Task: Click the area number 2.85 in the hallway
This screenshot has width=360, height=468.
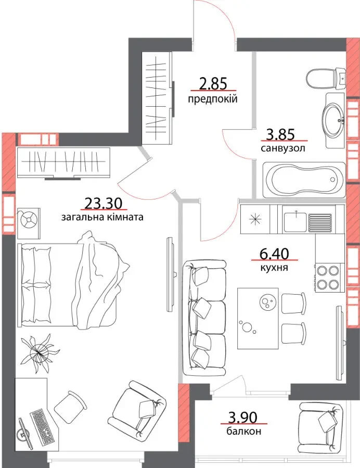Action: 213,83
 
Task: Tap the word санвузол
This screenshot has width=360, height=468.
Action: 283,148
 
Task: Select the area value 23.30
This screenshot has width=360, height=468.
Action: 104,204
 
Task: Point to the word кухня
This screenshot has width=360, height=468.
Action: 274,268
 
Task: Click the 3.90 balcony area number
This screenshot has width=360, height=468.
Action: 242,417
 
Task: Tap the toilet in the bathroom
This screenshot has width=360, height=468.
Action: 326,78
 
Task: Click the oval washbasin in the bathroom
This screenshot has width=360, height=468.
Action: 334,120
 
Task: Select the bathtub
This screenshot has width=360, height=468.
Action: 304,180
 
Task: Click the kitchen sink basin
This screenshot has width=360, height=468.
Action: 296,222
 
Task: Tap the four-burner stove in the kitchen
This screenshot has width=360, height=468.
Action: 328,277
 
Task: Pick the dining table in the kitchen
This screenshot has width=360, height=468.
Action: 258,318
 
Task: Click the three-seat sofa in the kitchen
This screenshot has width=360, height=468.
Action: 204,318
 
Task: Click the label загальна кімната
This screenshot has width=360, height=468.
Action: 102,217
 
